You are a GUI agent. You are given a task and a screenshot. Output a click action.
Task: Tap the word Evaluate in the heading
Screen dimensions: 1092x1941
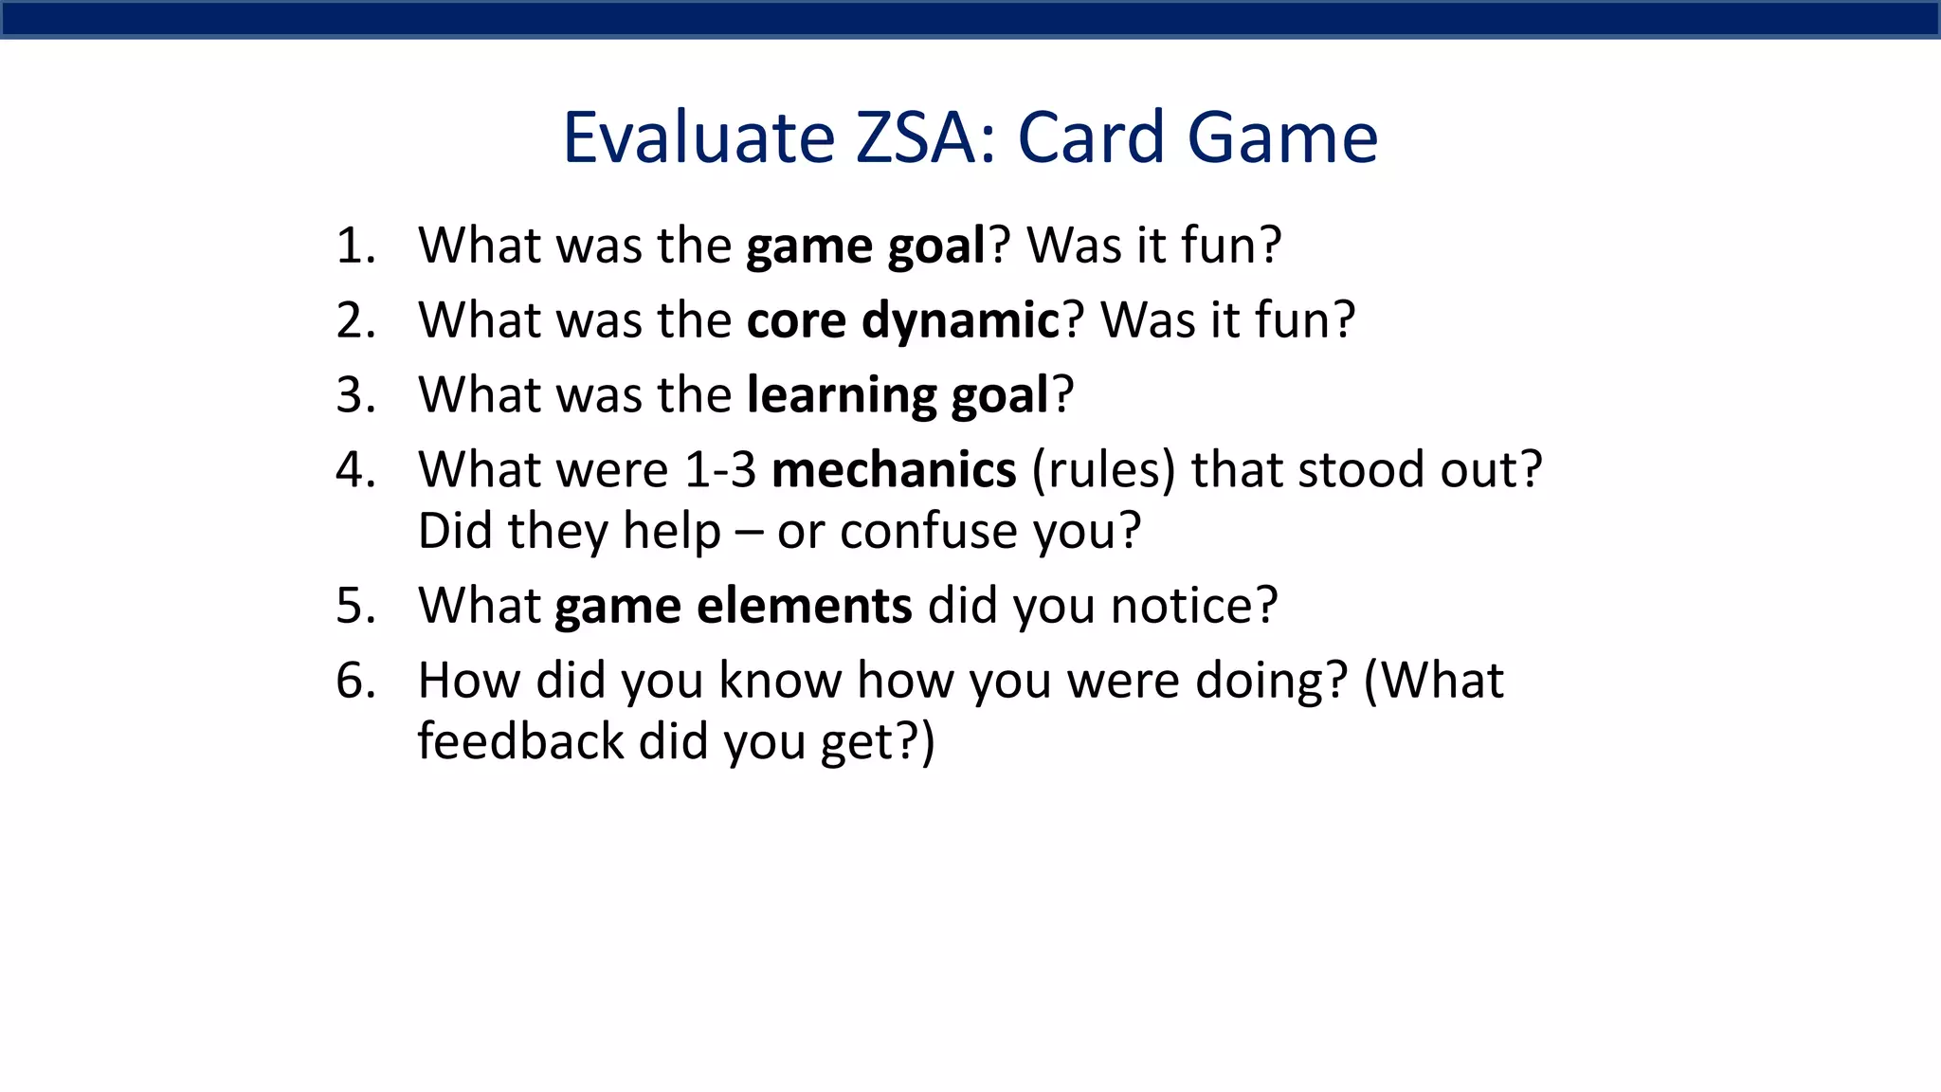[x=698, y=137]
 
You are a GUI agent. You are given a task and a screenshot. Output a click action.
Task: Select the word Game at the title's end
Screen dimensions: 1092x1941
[x=1282, y=137]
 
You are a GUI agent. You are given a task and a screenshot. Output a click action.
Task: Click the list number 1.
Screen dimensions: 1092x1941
[x=355, y=246]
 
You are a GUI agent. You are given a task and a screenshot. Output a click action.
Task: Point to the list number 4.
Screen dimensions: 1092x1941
[x=355, y=470]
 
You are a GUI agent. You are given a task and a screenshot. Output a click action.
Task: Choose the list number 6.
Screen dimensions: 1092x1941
[x=355, y=681]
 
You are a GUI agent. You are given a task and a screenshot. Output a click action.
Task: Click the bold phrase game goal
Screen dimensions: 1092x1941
[x=866, y=246]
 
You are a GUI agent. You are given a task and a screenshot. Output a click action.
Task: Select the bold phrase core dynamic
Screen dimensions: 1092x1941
[x=902, y=320]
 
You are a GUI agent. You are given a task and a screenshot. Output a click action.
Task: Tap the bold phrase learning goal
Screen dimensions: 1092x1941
[x=898, y=395]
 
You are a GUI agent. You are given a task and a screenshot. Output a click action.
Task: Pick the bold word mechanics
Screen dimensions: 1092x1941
[x=894, y=470]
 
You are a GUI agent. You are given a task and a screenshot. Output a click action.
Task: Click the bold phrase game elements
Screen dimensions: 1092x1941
[x=733, y=606]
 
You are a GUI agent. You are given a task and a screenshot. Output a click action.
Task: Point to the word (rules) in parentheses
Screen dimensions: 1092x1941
[x=1103, y=470]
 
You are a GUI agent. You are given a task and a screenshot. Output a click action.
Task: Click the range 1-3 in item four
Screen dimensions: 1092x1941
[x=720, y=470]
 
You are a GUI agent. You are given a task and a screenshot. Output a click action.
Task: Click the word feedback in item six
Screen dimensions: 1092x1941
[x=519, y=741]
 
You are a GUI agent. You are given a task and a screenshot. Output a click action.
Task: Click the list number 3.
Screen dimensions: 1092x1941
[x=355, y=395]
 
